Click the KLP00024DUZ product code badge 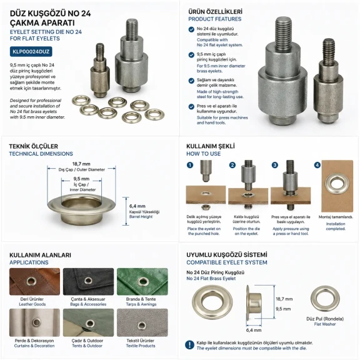tap(31, 52)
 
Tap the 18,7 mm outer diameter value tap(81, 164)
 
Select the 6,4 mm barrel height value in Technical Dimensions tap(137, 206)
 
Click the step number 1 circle tap(190, 165)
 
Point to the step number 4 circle tap(317, 165)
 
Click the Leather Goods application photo tap(34, 281)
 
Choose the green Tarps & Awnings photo tap(142, 281)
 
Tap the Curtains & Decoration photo tap(34, 322)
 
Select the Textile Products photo tap(142, 322)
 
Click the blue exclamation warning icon tap(189, 345)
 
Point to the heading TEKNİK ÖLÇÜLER tap(34, 146)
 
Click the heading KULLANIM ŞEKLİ tap(211, 146)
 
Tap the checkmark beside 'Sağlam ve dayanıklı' tap(191, 81)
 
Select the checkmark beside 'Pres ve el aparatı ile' tap(191, 107)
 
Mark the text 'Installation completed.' tap(336, 226)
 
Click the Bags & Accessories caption tap(88, 304)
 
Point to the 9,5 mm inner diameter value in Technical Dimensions tap(81, 179)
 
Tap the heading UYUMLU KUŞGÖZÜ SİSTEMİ tap(227, 255)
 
